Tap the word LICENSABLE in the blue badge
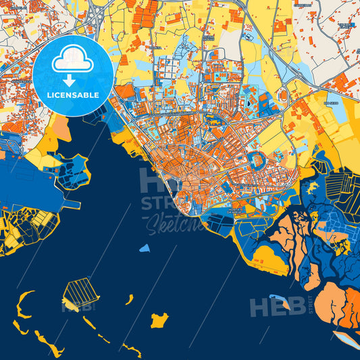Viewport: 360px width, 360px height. click(x=73, y=95)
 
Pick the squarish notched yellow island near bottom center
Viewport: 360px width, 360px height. click(x=159, y=319)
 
